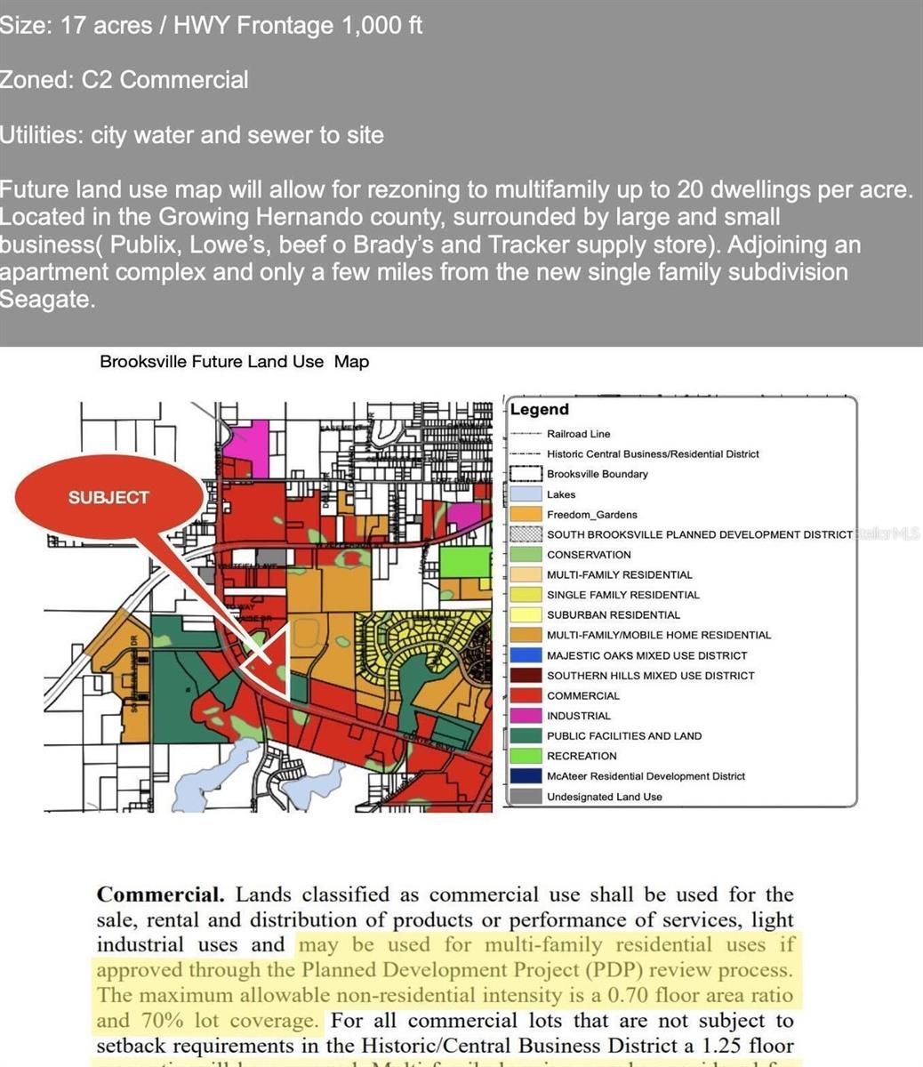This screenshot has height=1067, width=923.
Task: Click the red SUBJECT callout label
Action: pyautogui.click(x=108, y=498)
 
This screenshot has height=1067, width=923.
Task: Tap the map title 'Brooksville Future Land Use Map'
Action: pyautogui.click(x=234, y=362)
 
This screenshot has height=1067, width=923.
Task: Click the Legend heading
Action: pyautogui.click(x=539, y=410)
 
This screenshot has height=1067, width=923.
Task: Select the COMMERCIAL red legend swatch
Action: pyautogui.click(x=526, y=695)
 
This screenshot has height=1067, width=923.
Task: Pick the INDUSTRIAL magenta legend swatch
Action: pyautogui.click(x=526, y=716)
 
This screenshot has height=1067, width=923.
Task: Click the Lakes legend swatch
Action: pyautogui.click(x=526, y=494)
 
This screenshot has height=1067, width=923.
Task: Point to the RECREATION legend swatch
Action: pyautogui.click(x=526, y=756)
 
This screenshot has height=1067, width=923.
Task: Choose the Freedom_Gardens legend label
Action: pyautogui.click(x=591, y=515)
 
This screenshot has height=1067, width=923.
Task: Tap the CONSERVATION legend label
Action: pyautogui.click(x=589, y=555)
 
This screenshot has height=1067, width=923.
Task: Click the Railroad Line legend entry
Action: pyautogui.click(x=578, y=434)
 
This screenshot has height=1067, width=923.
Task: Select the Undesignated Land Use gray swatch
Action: pyautogui.click(x=526, y=797)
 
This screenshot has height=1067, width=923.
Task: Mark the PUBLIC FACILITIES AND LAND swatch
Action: pyautogui.click(x=526, y=735)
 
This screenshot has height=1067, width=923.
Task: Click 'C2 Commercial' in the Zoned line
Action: pyautogui.click(x=165, y=80)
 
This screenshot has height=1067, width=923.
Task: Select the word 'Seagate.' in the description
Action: pyautogui.click(x=46, y=300)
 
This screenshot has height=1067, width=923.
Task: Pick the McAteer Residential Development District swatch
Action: pyautogui.click(x=526, y=776)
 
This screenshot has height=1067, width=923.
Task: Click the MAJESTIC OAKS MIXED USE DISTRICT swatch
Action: pyautogui.click(x=526, y=655)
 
